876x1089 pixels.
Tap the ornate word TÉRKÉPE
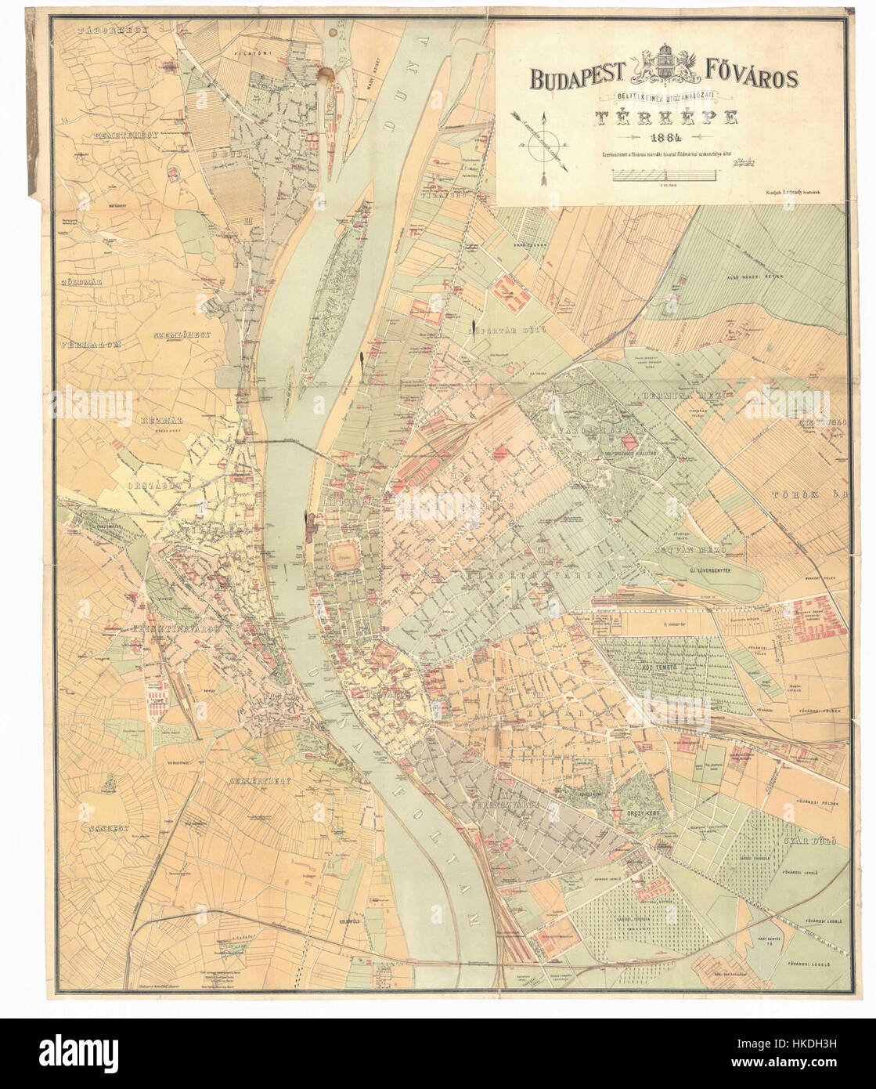(x=668, y=118)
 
